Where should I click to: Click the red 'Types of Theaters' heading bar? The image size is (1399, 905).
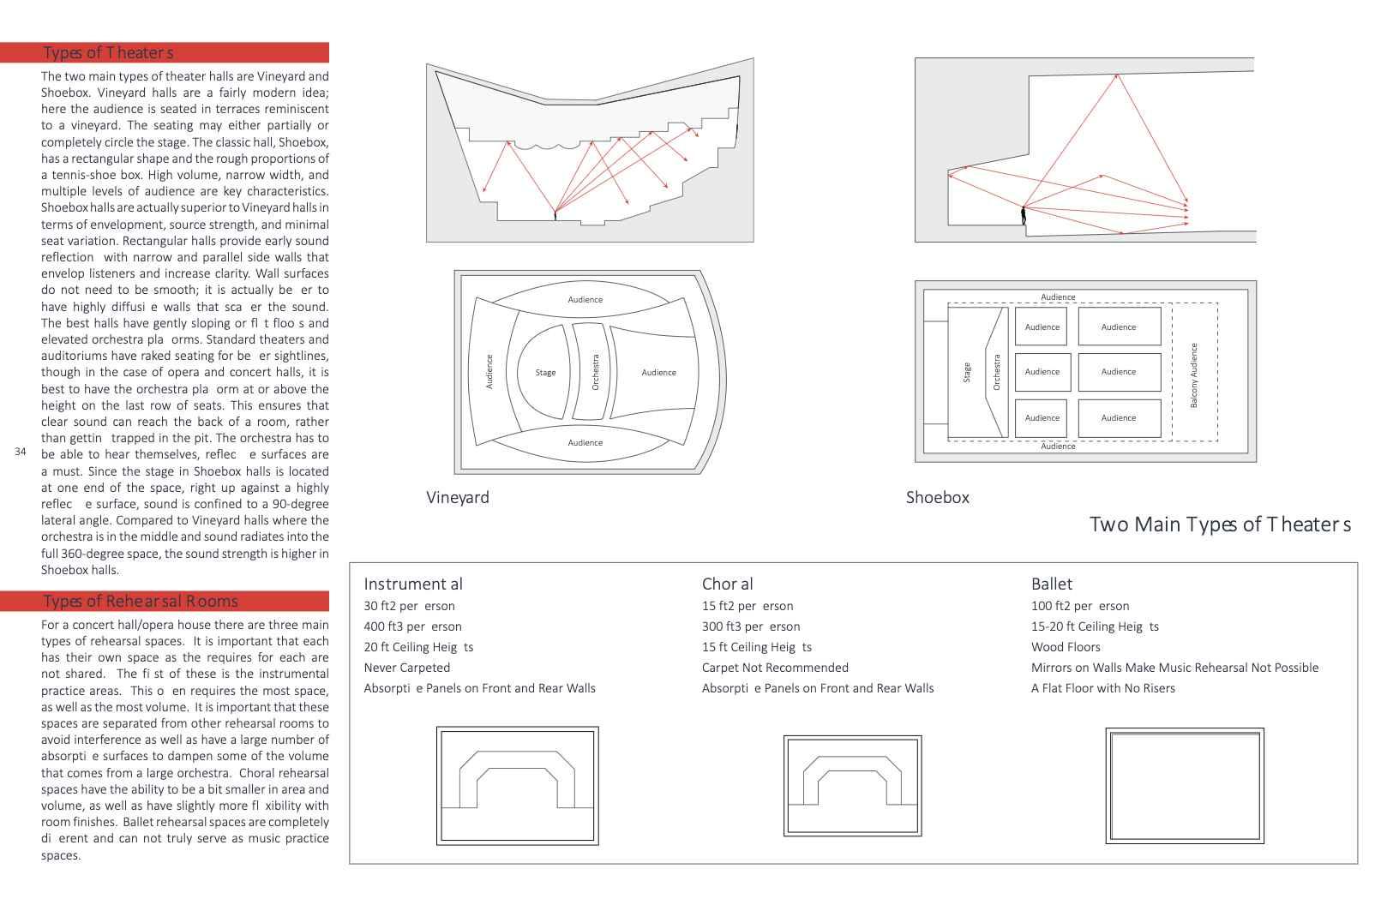point(164,52)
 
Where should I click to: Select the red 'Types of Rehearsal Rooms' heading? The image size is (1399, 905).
point(164,601)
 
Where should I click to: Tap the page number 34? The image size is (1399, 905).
point(21,452)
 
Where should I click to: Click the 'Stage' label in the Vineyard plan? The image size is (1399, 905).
point(545,373)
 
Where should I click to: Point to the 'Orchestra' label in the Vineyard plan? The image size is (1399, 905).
point(596,372)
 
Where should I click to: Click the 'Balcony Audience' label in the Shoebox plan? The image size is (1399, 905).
point(1194,375)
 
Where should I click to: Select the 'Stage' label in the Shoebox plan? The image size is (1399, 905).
point(967,373)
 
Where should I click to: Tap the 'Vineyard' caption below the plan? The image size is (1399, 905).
point(458,497)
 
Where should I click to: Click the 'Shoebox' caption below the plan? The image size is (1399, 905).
point(938,497)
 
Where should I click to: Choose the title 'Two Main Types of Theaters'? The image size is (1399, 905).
point(1220,524)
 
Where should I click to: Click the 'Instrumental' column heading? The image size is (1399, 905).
point(412,584)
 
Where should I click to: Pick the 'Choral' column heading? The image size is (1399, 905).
point(727,584)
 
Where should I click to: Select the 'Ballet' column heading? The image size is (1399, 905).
point(1052,584)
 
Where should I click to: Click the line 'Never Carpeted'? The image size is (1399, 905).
point(406,668)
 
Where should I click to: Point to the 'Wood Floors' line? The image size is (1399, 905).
point(1066,647)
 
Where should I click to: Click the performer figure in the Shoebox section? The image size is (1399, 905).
point(1024,215)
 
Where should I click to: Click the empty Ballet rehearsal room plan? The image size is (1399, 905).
point(1185,786)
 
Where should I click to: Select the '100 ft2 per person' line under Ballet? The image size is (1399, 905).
point(1080,606)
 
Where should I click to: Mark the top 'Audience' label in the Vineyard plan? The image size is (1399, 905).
point(585,300)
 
